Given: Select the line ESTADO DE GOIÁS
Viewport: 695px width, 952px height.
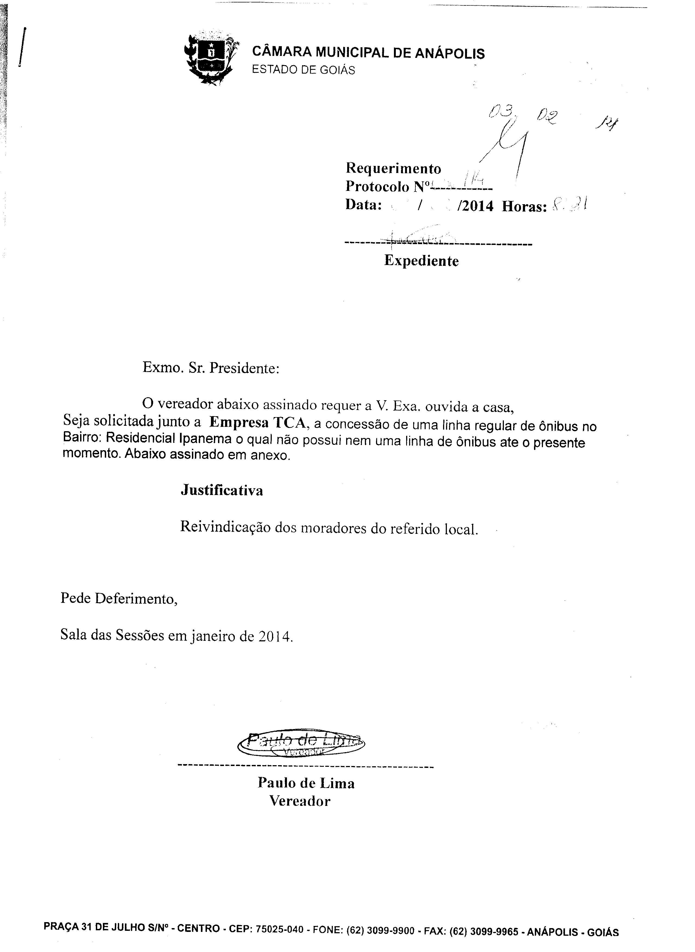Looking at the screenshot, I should click(303, 70).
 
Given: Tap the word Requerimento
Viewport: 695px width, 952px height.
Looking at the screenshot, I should click(393, 169).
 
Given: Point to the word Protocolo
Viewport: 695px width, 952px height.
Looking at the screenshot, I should click(377, 186).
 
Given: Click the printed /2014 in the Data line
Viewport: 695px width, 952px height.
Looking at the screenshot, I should click(477, 206).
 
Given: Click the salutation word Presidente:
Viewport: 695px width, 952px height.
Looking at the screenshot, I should click(244, 368).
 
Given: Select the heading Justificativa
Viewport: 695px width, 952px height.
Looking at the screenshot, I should click(222, 490).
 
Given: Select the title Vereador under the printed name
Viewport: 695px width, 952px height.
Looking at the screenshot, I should click(300, 801).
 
